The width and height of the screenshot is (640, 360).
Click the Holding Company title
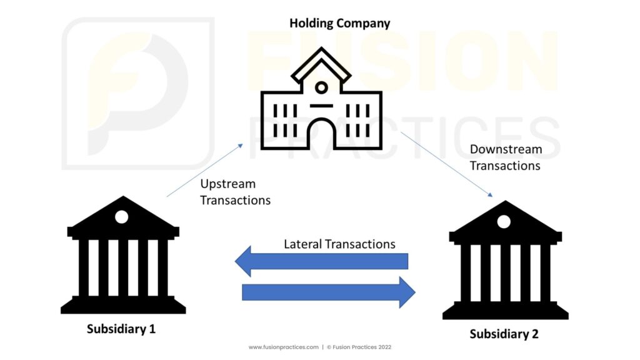coord(339,24)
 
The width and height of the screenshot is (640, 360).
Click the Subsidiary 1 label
coord(121,329)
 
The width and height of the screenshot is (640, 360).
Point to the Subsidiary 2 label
coord(504,334)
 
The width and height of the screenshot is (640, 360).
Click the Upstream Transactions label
coord(235,192)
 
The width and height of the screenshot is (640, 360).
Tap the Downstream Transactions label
coord(505,157)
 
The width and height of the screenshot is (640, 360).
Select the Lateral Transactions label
coord(339,244)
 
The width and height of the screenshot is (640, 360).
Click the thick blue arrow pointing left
coord(321,261)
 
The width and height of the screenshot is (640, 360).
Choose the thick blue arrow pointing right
coord(328,292)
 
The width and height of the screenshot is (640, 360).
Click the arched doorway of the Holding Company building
coord(321,134)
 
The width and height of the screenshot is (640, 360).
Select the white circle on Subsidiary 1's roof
coord(121,216)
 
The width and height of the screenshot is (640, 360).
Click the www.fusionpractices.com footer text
coord(283,347)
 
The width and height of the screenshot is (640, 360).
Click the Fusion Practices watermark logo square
coord(137,94)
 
